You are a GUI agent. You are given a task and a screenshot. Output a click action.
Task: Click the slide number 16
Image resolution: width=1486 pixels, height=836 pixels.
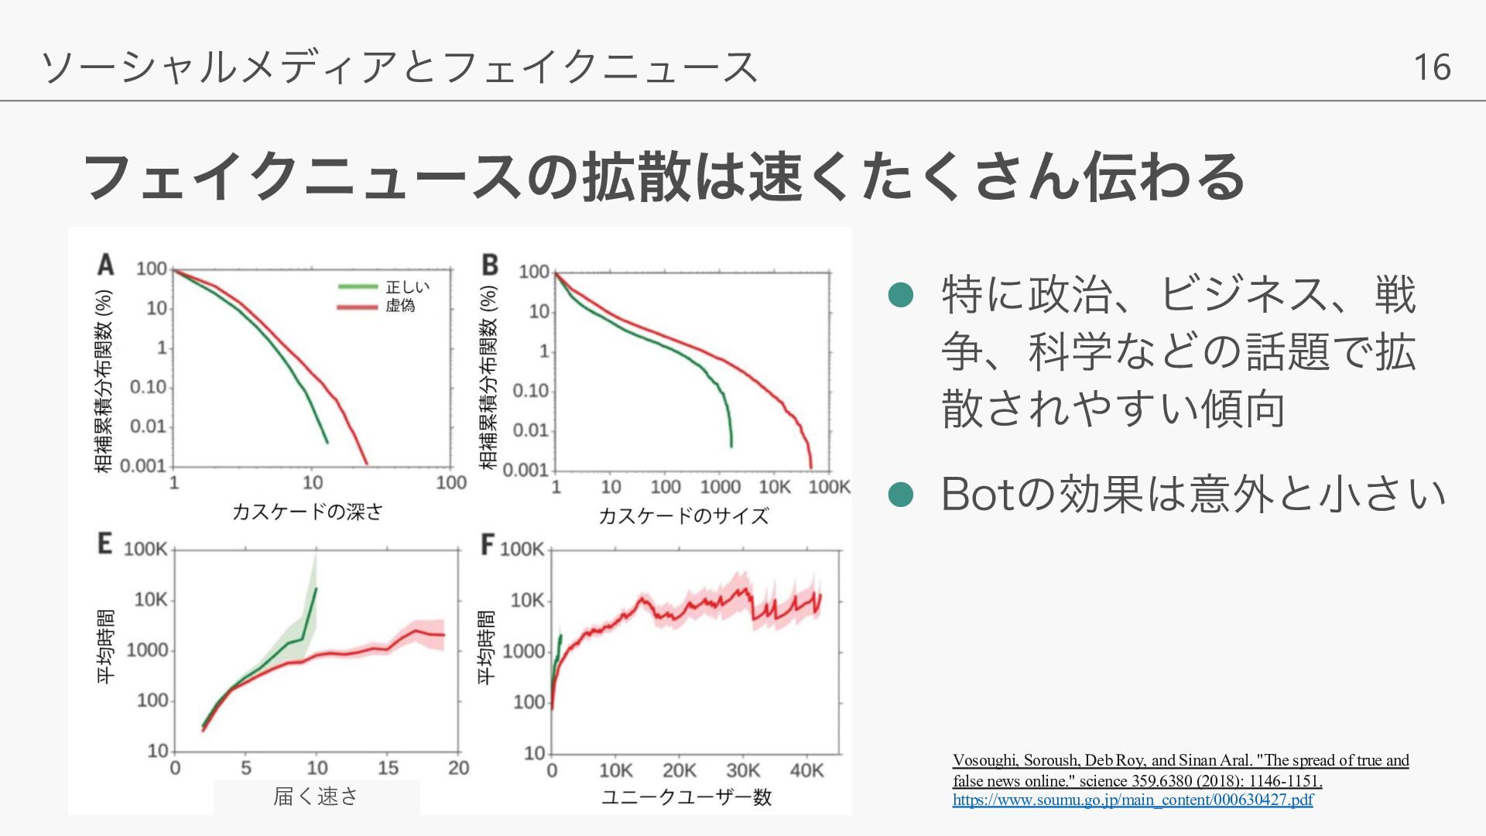[1431, 67]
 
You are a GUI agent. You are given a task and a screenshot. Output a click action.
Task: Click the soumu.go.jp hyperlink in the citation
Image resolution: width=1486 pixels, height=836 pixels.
[1132, 800]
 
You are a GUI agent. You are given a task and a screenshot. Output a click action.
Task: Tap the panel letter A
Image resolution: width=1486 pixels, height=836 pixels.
[105, 265]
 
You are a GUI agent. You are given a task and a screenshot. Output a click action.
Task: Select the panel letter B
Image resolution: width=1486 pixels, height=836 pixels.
[489, 265]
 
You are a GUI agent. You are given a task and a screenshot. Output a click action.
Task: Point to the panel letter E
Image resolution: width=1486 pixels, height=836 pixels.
[104, 543]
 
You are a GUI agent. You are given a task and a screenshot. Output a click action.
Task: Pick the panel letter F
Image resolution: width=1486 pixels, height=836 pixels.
[487, 544]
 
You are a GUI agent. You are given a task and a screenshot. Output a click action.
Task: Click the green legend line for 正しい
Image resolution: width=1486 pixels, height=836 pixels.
[358, 287]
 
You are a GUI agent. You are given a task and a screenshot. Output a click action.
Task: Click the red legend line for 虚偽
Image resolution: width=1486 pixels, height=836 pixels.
[358, 307]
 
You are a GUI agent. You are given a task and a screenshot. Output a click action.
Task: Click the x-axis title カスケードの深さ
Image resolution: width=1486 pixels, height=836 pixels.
[307, 512]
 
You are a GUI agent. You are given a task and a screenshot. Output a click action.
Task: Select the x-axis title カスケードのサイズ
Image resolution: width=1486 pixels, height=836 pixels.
[683, 516]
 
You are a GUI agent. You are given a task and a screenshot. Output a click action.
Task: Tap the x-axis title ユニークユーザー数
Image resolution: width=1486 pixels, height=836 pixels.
[687, 797]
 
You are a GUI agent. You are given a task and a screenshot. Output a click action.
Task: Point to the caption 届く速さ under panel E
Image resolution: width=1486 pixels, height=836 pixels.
[316, 796]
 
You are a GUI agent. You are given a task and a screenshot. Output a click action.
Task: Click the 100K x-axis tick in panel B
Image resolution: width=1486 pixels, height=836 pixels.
[829, 487]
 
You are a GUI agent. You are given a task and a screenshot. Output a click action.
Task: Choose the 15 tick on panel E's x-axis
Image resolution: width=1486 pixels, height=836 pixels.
[388, 768]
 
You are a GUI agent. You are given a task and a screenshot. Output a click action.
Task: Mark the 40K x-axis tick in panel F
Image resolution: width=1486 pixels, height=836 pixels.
[806, 771]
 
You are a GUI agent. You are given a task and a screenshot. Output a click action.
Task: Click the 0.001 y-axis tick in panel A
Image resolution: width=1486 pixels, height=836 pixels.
[144, 466]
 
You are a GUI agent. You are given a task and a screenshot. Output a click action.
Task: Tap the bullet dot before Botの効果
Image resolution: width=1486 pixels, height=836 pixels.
[900, 494]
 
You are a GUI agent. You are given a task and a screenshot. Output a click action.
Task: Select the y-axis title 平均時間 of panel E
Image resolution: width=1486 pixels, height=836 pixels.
[105, 646]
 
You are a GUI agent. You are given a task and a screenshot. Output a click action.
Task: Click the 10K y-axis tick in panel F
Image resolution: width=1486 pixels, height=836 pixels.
[527, 601]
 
